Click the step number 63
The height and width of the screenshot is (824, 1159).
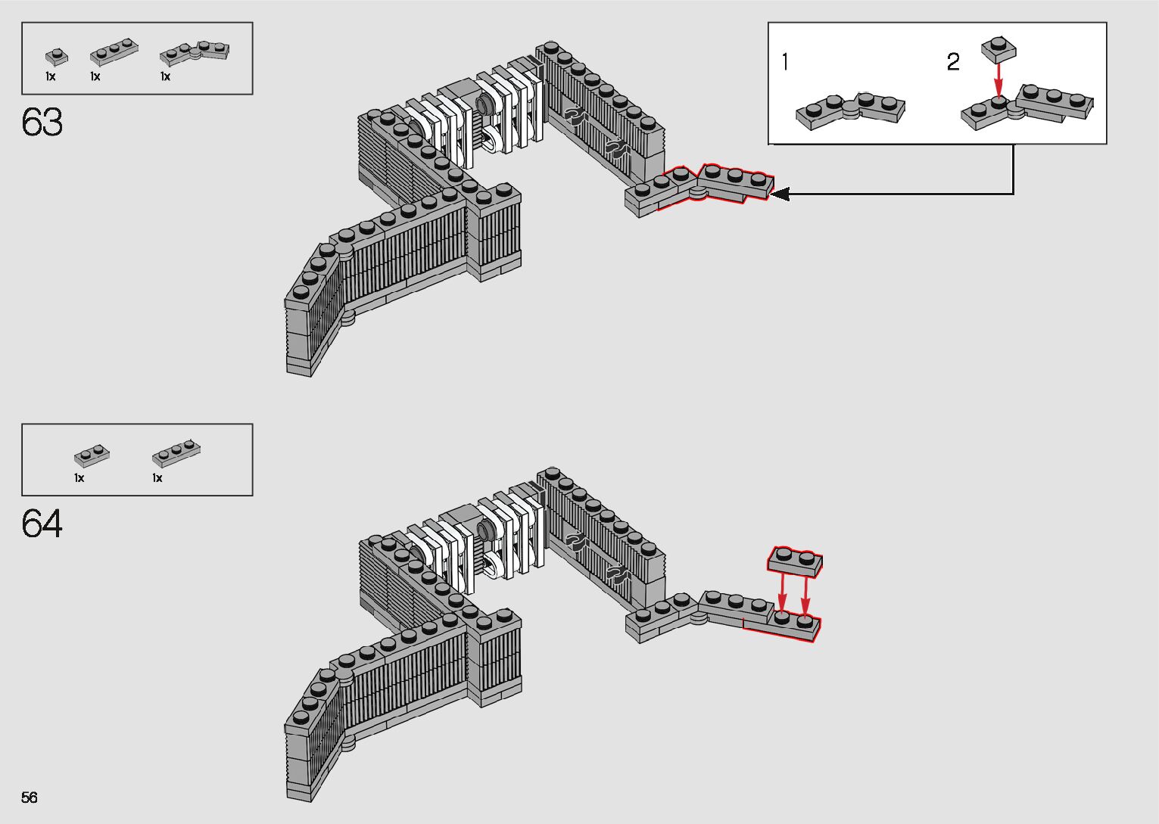click(42, 123)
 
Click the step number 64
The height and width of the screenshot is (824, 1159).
click(42, 524)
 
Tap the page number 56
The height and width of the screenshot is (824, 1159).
click(30, 797)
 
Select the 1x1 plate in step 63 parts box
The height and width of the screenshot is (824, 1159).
click(55, 57)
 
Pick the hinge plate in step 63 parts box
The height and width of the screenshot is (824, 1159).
click(195, 52)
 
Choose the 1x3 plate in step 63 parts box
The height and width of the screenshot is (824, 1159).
click(114, 53)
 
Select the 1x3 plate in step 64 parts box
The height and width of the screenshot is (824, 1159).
click(176, 452)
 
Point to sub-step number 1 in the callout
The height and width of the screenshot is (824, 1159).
click(785, 62)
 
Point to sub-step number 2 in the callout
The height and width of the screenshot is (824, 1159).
click(953, 62)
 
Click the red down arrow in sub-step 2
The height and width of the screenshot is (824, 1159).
click(999, 79)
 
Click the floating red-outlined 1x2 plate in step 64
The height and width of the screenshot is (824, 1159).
click(795, 561)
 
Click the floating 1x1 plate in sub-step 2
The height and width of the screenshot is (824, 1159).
click(999, 48)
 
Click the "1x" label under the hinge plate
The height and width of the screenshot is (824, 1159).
click(165, 76)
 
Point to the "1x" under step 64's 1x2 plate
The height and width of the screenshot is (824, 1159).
click(79, 478)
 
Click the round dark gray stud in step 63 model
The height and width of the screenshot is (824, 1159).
click(483, 104)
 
